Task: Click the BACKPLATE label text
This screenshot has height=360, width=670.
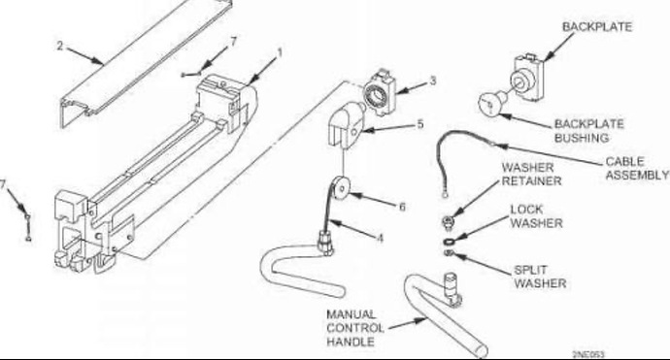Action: [x=596, y=27]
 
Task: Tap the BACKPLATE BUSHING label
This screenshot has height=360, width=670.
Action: [x=588, y=131]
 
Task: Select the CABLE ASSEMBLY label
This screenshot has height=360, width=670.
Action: [x=637, y=168]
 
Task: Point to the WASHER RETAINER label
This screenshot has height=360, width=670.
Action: [x=531, y=175]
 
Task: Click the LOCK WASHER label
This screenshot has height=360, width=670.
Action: [x=536, y=216]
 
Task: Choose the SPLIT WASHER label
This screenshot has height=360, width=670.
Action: [x=540, y=277]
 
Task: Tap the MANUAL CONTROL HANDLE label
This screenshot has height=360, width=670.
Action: [x=355, y=328]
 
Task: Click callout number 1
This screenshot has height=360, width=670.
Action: [x=280, y=53]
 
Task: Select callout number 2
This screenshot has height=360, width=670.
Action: [x=60, y=46]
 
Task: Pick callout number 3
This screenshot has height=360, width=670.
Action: [x=433, y=81]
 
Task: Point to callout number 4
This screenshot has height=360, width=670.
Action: [x=380, y=238]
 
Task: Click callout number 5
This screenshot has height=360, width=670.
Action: [x=420, y=124]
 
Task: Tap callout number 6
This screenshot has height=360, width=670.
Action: [x=402, y=207]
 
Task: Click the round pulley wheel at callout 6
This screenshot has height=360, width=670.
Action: [x=342, y=187]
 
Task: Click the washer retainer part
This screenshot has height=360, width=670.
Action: [x=448, y=221]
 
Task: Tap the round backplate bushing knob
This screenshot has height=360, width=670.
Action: [x=491, y=103]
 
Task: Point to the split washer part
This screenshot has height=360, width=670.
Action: [x=449, y=254]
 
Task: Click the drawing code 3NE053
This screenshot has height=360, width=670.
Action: [x=588, y=354]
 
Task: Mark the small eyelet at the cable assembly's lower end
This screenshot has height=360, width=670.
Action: [x=445, y=195]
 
